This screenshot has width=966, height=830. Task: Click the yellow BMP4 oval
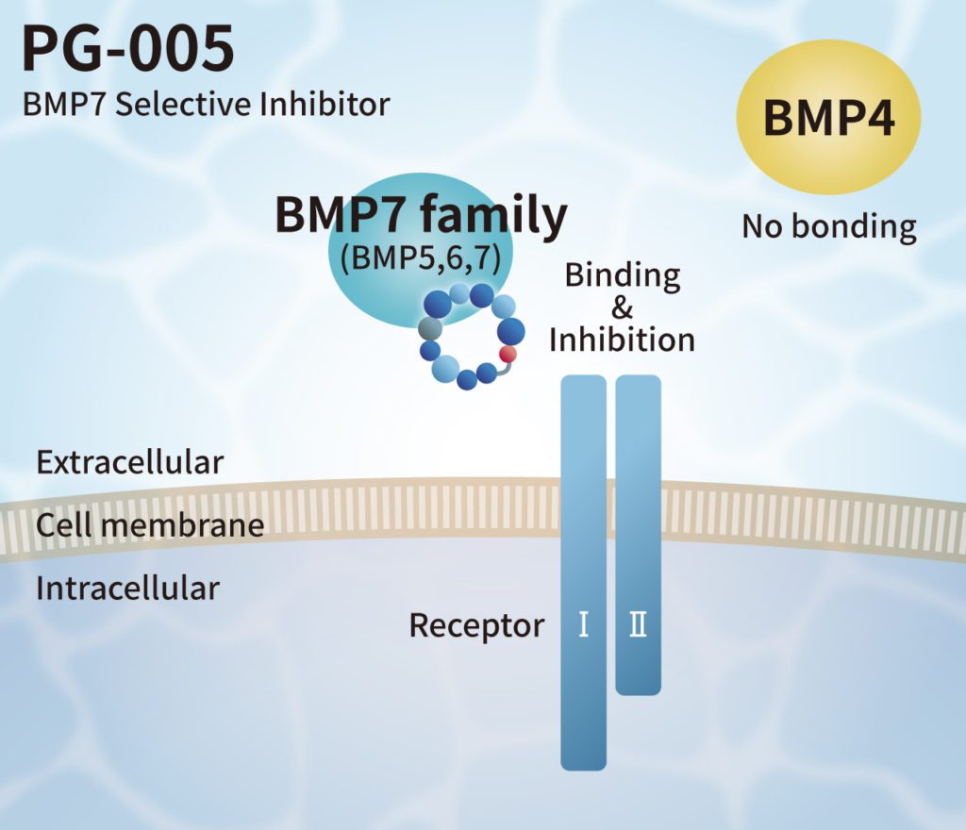pos(828,119)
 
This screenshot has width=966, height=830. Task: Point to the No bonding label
pos(828,226)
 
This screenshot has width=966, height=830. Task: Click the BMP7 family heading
pos(421,215)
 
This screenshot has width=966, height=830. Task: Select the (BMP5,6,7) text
pos(421,259)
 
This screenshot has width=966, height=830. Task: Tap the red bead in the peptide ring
pos(508,355)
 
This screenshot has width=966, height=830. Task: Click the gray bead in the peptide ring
pos(430,328)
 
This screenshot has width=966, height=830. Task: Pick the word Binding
pos(622,275)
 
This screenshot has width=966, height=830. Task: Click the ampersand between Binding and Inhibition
pos(622,307)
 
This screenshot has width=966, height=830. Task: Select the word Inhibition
pos(622,340)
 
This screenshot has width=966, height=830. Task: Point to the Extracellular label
pos(129,463)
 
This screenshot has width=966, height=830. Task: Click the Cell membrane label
pos(150,525)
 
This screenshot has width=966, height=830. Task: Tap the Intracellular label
pos(127,589)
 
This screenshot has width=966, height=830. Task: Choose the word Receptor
pos(476,625)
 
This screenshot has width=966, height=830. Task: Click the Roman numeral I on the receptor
pos(584,625)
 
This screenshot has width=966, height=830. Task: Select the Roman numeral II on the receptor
pos(639,625)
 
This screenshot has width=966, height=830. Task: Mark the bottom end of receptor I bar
pos(583,762)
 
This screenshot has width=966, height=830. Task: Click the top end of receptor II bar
pos(639,381)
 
